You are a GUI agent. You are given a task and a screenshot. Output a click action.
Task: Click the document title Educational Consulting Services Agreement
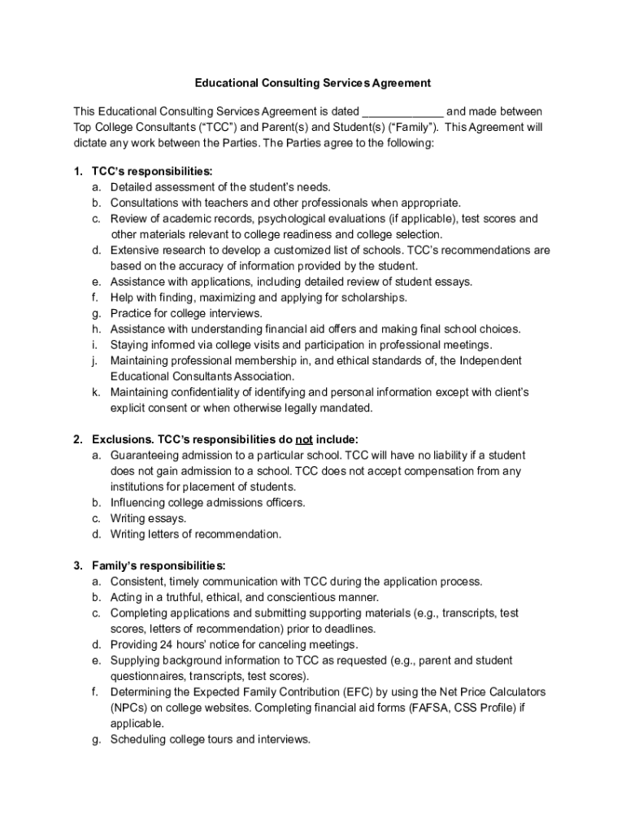point(312,83)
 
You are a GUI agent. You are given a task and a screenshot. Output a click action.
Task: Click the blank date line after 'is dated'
point(402,111)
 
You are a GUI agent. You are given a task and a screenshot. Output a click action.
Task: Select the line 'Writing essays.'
point(148,518)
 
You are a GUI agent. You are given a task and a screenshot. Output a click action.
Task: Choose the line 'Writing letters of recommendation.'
point(196,534)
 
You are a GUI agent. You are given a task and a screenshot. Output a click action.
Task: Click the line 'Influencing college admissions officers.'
point(208,503)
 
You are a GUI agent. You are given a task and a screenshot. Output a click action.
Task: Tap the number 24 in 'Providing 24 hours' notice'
point(166,644)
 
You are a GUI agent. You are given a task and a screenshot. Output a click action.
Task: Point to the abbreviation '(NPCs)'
point(130,708)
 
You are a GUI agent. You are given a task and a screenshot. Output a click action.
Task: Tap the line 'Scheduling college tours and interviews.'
point(211,739)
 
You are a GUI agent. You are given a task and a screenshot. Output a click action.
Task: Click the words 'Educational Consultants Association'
point(202,377)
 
